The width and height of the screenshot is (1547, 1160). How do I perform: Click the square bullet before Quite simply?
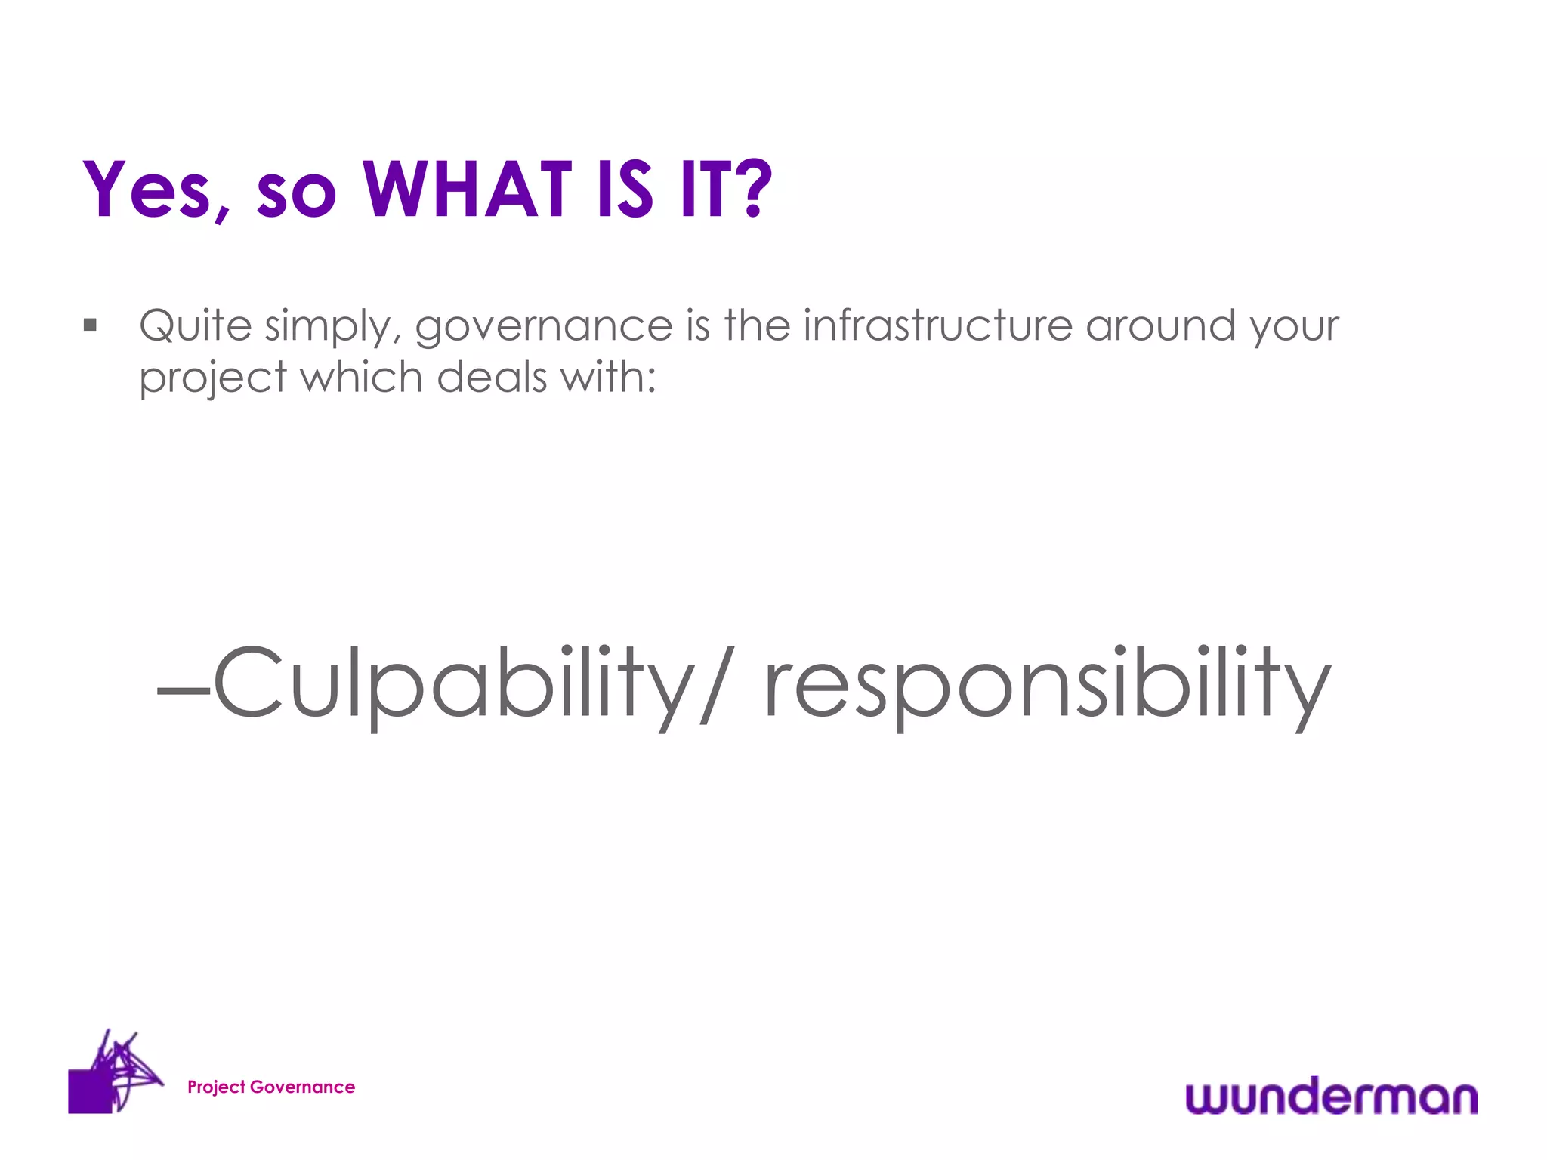click(x=91, y=325)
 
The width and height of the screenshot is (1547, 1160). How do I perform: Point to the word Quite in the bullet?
click(x=195, y=326)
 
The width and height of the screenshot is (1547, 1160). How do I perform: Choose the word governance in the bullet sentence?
click(x=543, y=328)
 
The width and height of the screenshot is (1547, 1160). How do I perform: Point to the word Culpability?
click(x=453, y=683)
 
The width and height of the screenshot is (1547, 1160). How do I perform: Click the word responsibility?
click(x=1047, y=683)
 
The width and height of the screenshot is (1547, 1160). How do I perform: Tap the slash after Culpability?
click(x=716, y=683)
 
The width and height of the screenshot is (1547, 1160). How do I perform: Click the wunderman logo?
click(x=1331, y=1097)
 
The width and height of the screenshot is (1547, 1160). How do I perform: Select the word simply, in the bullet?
click(x=333, y=328)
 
